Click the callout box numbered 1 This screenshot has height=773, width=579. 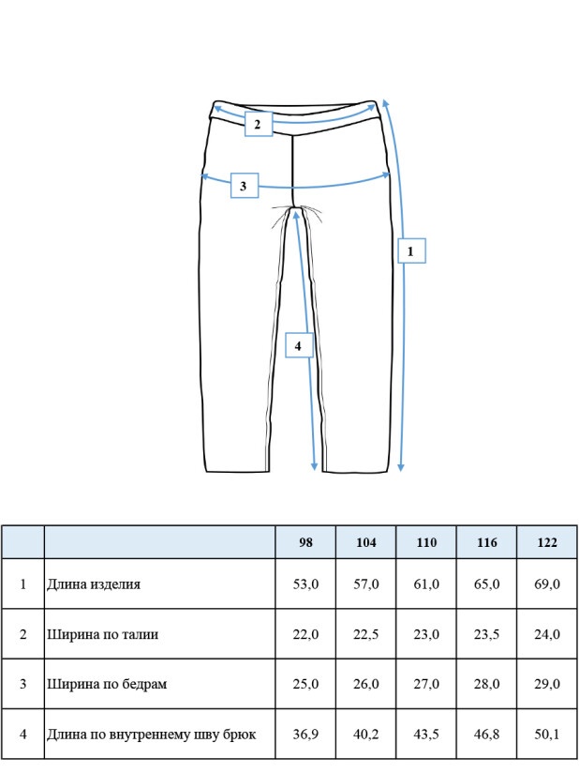point(411,250)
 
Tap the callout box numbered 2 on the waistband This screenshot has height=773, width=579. point(259,124)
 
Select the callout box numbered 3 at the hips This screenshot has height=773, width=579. point(245,186)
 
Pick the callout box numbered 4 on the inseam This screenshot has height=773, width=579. point(300,345)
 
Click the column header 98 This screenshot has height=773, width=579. point(305,542)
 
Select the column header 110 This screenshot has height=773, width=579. point(426,542)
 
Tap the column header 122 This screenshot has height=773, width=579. point(547,542)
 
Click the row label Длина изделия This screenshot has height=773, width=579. point(94,584)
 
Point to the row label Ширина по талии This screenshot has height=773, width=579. point(102,634)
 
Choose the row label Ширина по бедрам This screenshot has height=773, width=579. point(107,684)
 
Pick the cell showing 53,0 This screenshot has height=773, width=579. point(305,584)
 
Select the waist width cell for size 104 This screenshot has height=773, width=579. point(365,634)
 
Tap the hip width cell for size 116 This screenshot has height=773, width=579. point(486,684)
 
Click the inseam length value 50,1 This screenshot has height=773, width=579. point(547,735)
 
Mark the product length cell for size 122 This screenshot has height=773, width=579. point(547,584)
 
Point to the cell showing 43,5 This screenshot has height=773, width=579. point(426,735)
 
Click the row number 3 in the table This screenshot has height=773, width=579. point(22,684)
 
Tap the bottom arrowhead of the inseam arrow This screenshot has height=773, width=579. point(315,467)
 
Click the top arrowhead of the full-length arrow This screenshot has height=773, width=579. point(384,102)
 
